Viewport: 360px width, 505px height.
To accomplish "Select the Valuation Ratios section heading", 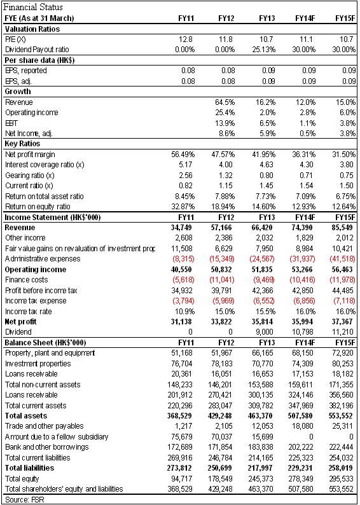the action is pyautogui.click(x=32, y=29).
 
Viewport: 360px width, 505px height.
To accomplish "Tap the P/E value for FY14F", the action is pyautogui.click(x=308, y=39).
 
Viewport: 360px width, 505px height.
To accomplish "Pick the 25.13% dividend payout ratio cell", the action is pyautogui.click(x=264, y=50).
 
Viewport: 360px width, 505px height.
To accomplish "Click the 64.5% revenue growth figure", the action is pyautogui.click(x=225, y=102).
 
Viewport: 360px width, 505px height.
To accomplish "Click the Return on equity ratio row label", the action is pyautogui.click(x=38, y=207).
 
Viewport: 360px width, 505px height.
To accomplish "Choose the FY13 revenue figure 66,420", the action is pyautogui.click(x=262, y=228).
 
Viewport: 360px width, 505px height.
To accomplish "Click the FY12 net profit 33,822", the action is pyautogui.click(x=222, y=321).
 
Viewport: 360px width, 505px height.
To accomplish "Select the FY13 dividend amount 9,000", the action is pyautogui.click(x=266, y=332).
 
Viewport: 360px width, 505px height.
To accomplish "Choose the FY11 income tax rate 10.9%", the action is pyautogui.click(x=185, y=311).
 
